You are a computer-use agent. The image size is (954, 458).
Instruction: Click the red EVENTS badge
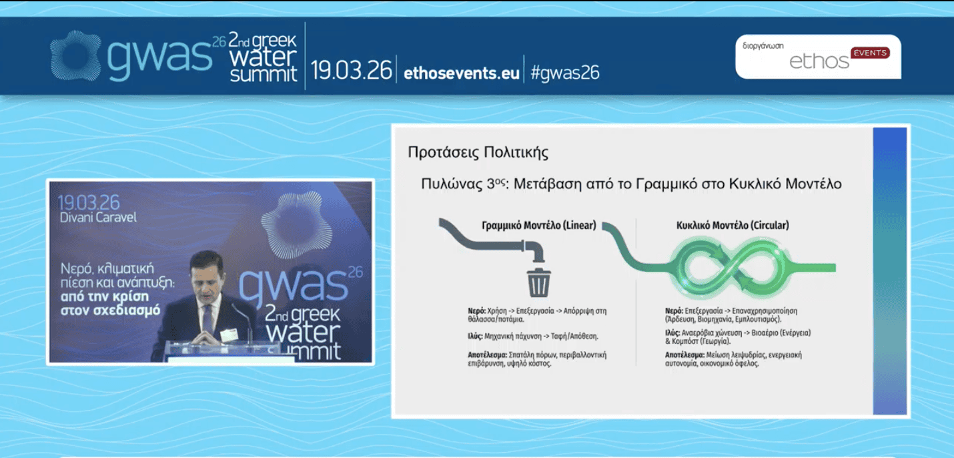tap(870, 53)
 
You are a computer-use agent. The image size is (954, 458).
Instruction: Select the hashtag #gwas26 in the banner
tap(565, 72)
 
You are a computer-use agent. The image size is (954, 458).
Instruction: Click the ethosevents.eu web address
tap(461, 73)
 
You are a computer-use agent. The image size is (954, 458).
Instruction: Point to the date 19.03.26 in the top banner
tap(352, 70)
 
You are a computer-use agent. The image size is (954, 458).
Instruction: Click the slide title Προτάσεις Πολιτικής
tap(478, 152)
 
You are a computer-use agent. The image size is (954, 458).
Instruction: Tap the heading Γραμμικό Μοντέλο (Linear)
tap(539, 226)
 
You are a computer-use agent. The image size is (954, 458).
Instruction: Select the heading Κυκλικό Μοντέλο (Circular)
tap(733, 226)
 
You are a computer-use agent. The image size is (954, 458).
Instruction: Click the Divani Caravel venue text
tap(98, 218)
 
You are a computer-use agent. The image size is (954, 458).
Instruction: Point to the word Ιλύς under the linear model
tap(475, 336)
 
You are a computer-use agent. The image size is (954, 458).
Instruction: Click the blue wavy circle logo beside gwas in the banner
tap(76, 56)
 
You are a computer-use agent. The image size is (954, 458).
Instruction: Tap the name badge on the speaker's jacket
tap(229, 335)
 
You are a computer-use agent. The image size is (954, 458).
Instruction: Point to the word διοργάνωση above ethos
tap(763, 45)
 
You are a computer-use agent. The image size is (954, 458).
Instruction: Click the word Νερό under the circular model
tap(674, 311)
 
